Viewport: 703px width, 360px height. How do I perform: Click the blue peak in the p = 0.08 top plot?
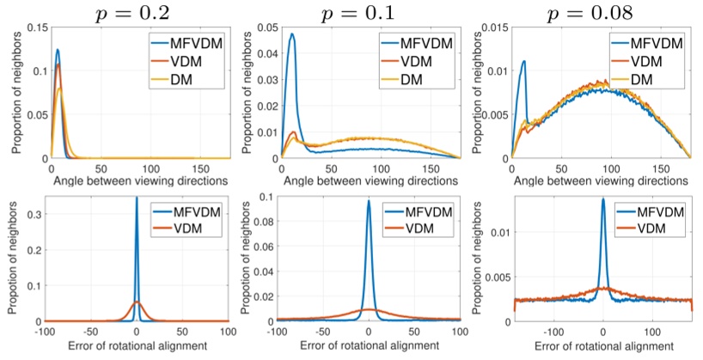point(523,61)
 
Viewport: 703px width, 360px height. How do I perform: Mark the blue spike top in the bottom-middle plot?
point(369,202)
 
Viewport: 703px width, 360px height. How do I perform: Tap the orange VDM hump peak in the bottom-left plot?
point(137,302)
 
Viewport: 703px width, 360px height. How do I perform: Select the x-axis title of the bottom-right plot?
point(601,347)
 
